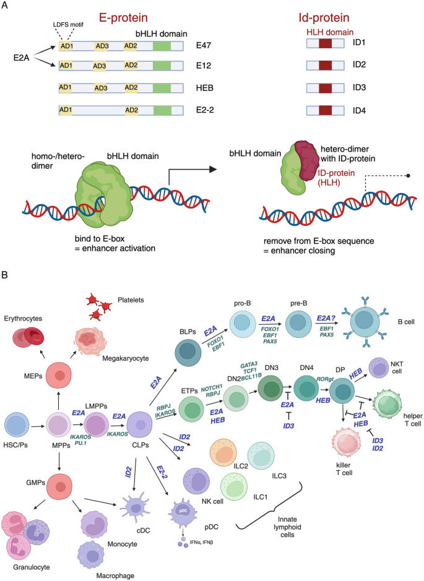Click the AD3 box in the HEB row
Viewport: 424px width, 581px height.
(101, 88)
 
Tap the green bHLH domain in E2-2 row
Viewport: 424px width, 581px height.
(162, 110)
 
